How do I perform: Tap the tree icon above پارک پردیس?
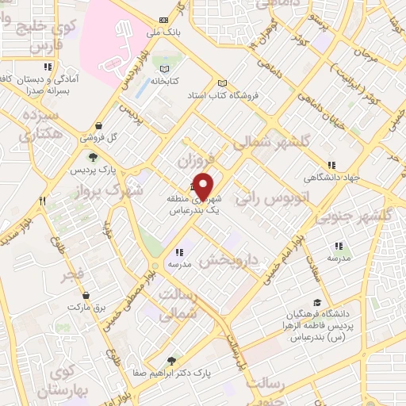pos(94,158)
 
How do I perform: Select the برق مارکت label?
pos(86,305)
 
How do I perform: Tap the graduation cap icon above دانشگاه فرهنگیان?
pos(318,303)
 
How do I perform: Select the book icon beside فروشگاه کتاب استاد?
pos(222,83)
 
